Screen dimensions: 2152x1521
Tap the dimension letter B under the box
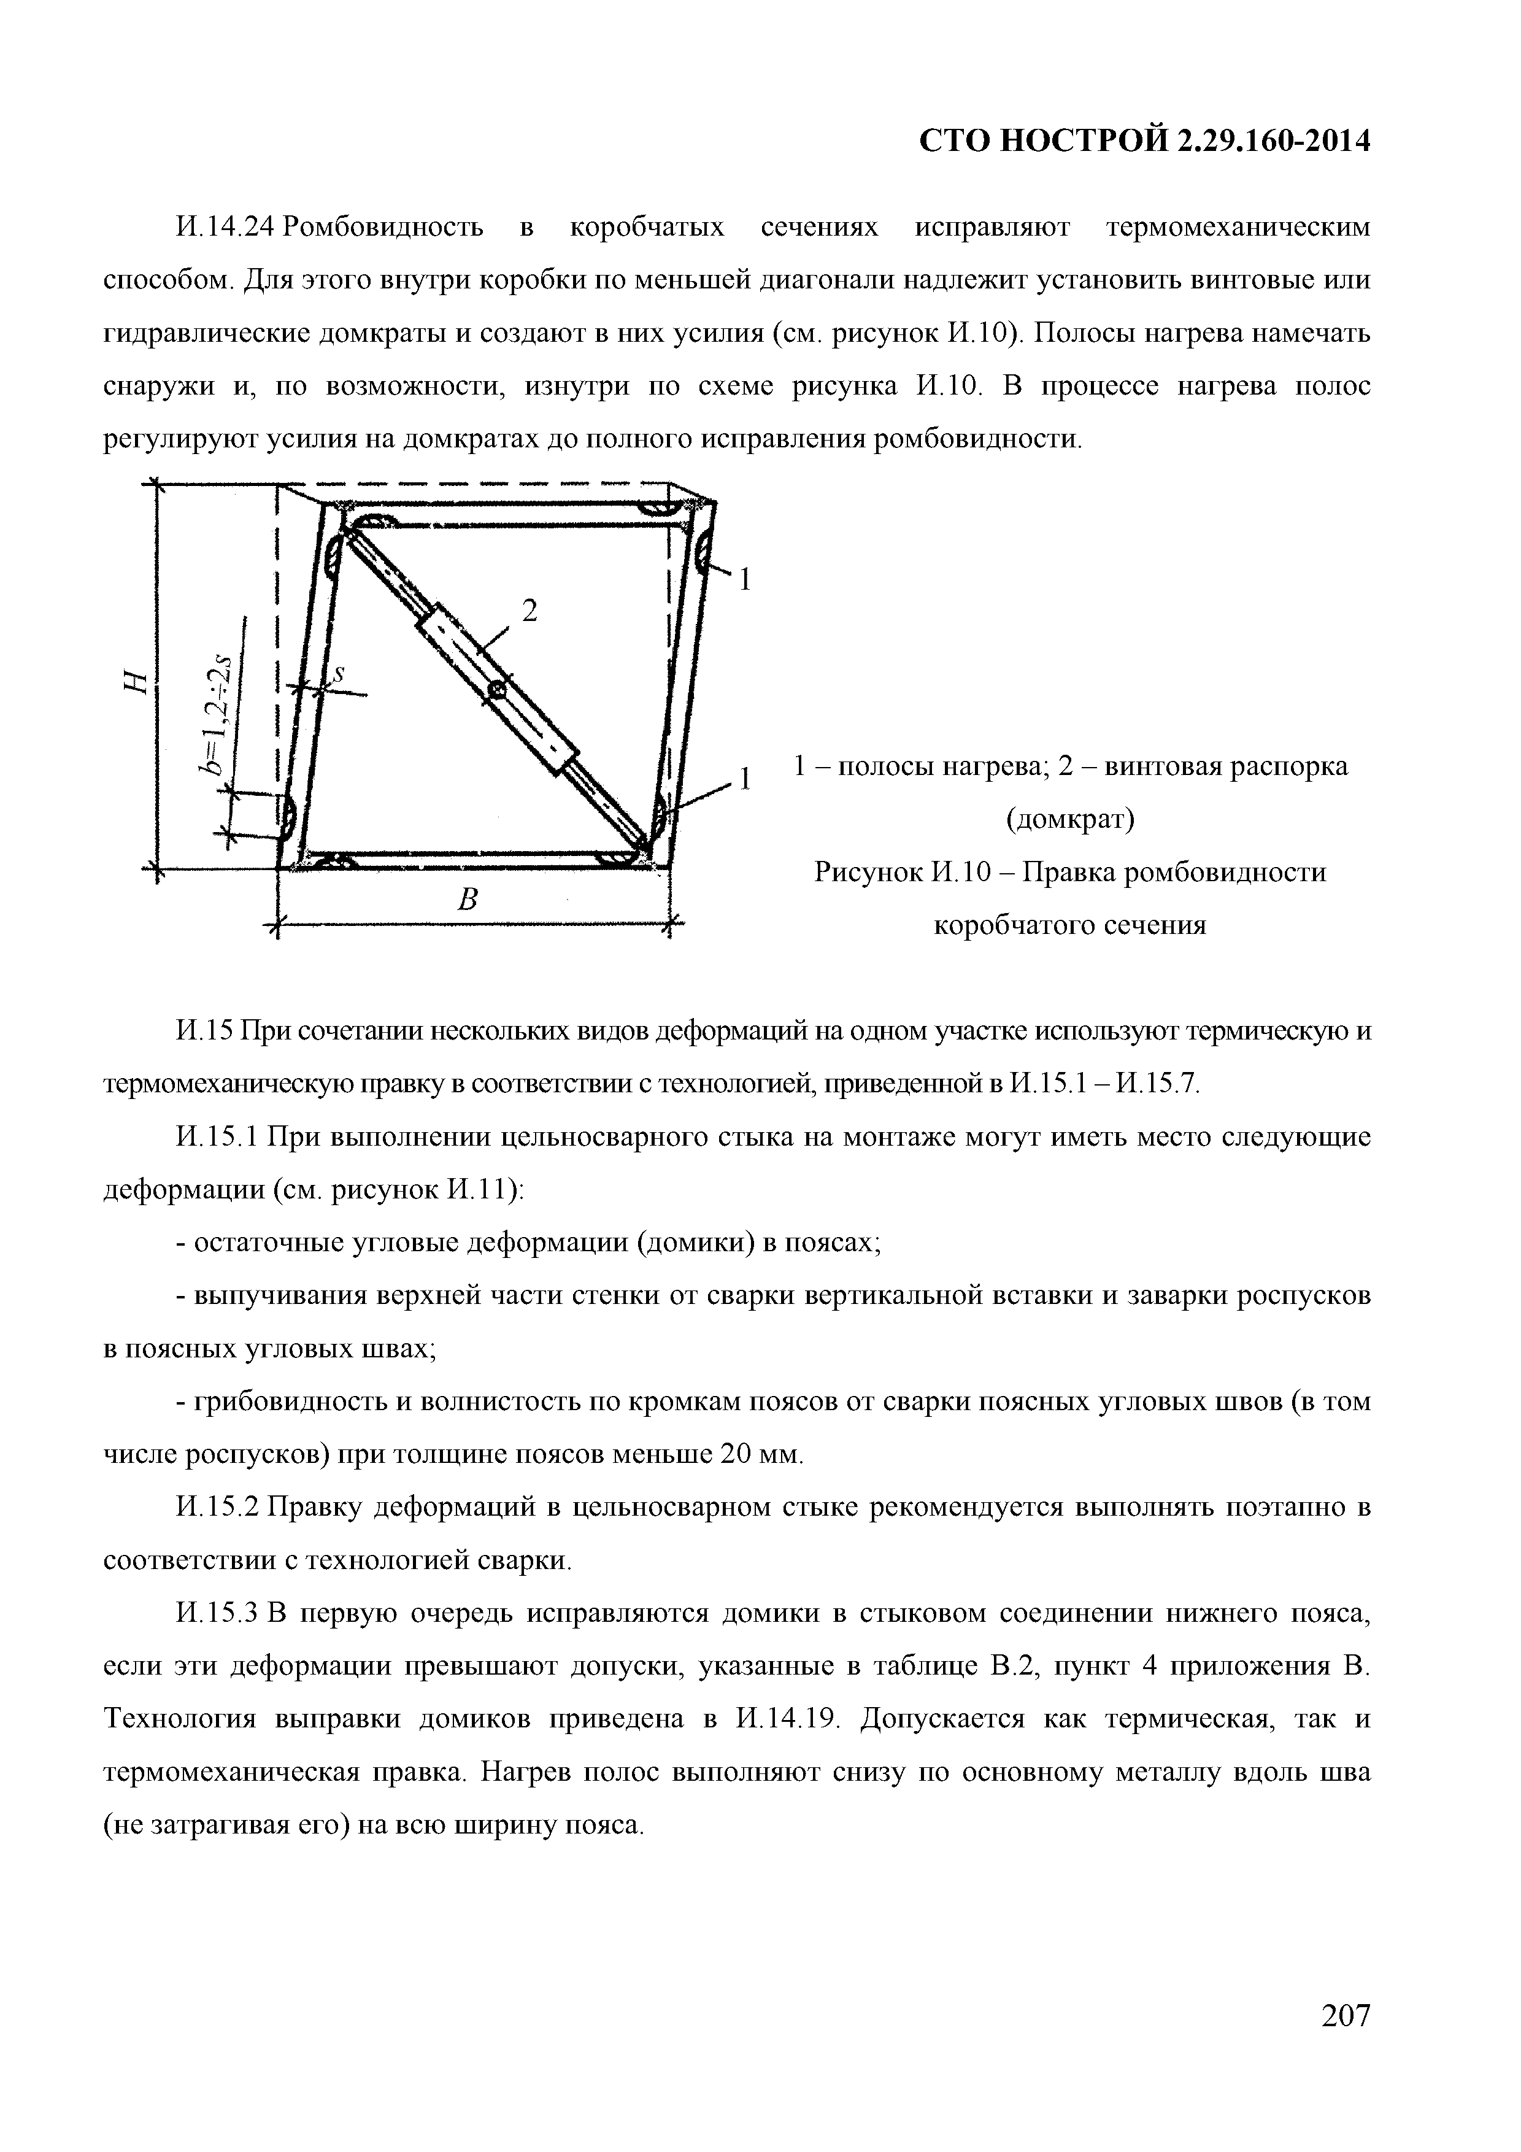(x=468, y=901)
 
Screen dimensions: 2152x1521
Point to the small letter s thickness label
(x=339, y=673)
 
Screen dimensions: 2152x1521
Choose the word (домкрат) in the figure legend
(x=1069, y=820)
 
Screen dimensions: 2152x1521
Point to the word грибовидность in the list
(x=290, y=1402)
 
